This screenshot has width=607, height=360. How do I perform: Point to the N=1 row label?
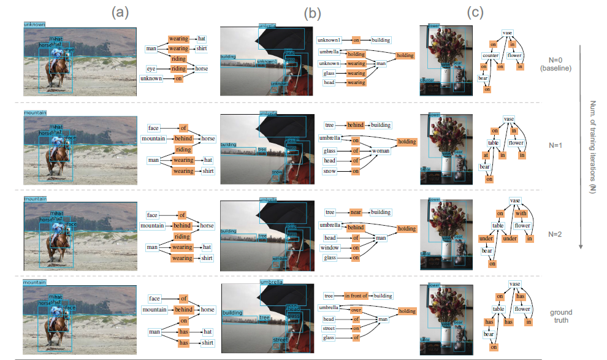pyautogui.click(x=555, y=147)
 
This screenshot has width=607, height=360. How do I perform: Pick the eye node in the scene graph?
pyautogui.click(x=153, y=69)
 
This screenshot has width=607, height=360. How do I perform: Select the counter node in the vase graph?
pyautogui.click(x=490, y=55)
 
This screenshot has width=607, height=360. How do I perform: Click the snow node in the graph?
pyautogui.click(x=329, y=171)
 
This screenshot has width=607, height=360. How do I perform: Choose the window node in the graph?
pyautogui.click(x=330, y=248)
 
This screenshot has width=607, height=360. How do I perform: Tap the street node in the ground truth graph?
pyautogui.click(x=329, y=328)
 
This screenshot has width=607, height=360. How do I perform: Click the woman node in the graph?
pyautogui.click(x=381, y=150)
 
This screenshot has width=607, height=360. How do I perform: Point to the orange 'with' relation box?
pyautogui.click(x=521, y=214)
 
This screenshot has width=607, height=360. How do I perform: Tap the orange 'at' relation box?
pyautogui.click(x=484, y=156)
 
